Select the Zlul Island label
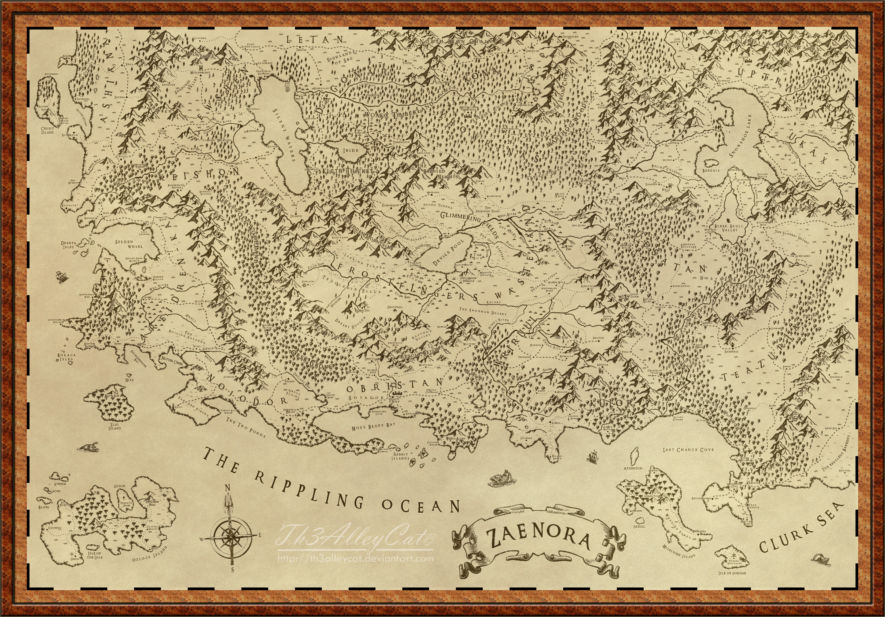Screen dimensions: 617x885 [115, 426]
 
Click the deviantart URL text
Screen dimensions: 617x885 [355, 559]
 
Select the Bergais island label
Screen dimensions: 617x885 [711, 170]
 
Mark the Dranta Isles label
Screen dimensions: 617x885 [69, 245]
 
